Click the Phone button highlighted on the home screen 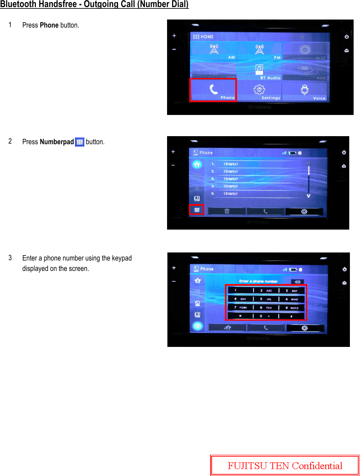213,90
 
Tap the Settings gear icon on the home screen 259,90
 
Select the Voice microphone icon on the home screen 305,90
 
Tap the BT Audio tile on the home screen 259,71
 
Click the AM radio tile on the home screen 214,50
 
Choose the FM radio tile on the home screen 259,50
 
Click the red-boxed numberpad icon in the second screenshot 197,210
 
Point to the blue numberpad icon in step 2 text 80,142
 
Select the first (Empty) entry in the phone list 231,164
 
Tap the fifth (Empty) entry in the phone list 231,194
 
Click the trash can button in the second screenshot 227,211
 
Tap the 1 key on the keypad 240,290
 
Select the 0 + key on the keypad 266,316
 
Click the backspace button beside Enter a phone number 297,282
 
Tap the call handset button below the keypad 266,328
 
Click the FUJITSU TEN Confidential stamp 285,466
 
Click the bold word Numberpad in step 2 56,142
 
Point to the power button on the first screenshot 347,37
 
